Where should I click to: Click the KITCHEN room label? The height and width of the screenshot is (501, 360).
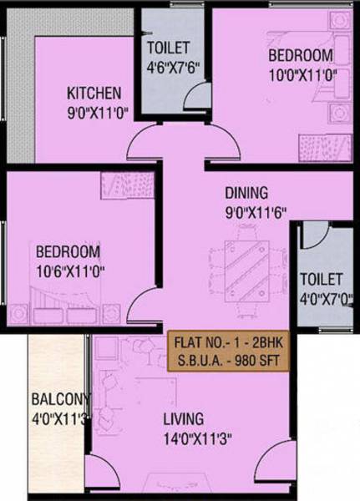click(94, 92)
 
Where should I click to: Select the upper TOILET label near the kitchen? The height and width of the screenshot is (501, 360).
click(170, 48)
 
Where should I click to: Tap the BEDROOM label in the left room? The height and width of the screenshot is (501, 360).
click(68, 252)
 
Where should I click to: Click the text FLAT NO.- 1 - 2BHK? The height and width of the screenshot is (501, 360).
click(226, 342)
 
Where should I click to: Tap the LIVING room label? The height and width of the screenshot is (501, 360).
click(184, 417)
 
